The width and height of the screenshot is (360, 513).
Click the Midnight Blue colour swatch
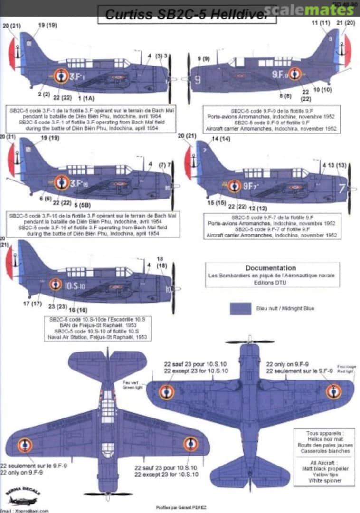(x=240, y=308)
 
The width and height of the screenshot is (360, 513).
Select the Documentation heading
(x=271, y=268)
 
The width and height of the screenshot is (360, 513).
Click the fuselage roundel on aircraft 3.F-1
(x=61, y=76)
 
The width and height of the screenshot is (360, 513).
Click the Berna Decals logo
(x=23, y=494)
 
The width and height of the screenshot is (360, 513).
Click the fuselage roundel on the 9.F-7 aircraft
(x=234, y=186)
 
